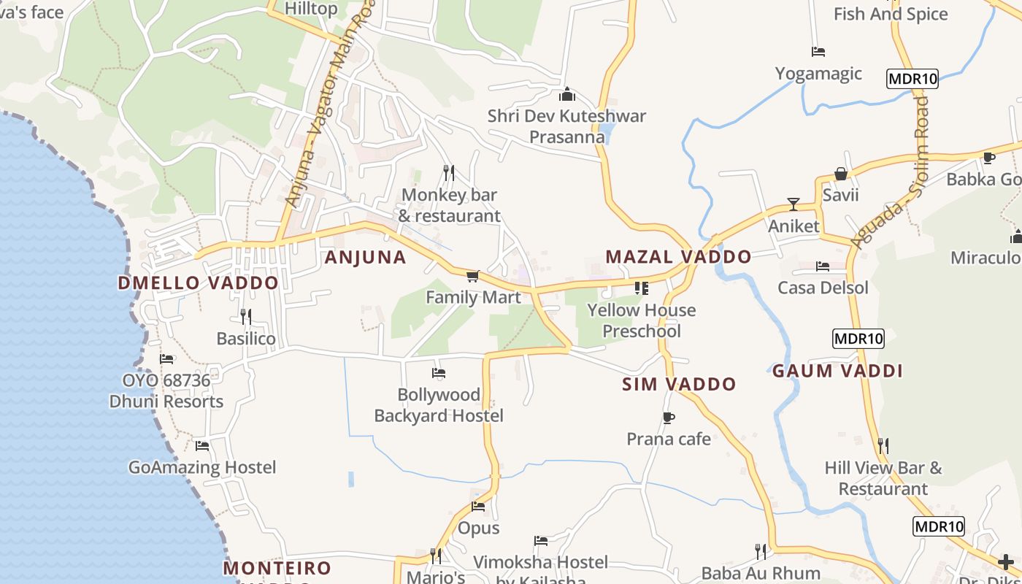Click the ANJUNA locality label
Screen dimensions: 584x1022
(x=365, y=257)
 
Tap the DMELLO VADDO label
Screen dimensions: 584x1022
(x=198, y=283)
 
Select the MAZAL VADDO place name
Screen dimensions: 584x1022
(x=678, y=257)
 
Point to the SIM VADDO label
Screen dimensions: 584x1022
(x=679, y=385)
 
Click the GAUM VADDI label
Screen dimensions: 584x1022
(x=837, y=371)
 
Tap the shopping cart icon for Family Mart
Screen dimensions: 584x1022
(x=472, y=276)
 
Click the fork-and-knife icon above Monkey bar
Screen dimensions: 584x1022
(x=449, y=172)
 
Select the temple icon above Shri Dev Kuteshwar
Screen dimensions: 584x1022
(x=567, y=94)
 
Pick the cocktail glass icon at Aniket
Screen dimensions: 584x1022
(x=794, y=204)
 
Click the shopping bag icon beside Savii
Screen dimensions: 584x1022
(x=840, y=174)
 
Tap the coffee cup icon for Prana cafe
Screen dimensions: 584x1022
(x=668, y=418)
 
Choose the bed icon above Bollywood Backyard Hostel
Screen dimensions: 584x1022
(x=439, y=373)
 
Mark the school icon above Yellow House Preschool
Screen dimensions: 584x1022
(x=642, y=288)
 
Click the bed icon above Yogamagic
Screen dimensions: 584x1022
(x=818, y=52)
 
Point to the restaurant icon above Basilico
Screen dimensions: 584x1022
(x=246, y=316)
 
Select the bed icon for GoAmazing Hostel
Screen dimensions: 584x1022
(x=202, y=445)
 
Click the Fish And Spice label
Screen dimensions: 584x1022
(x=891, y=14)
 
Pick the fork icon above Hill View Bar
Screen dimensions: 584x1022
(x=883, y=445)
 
